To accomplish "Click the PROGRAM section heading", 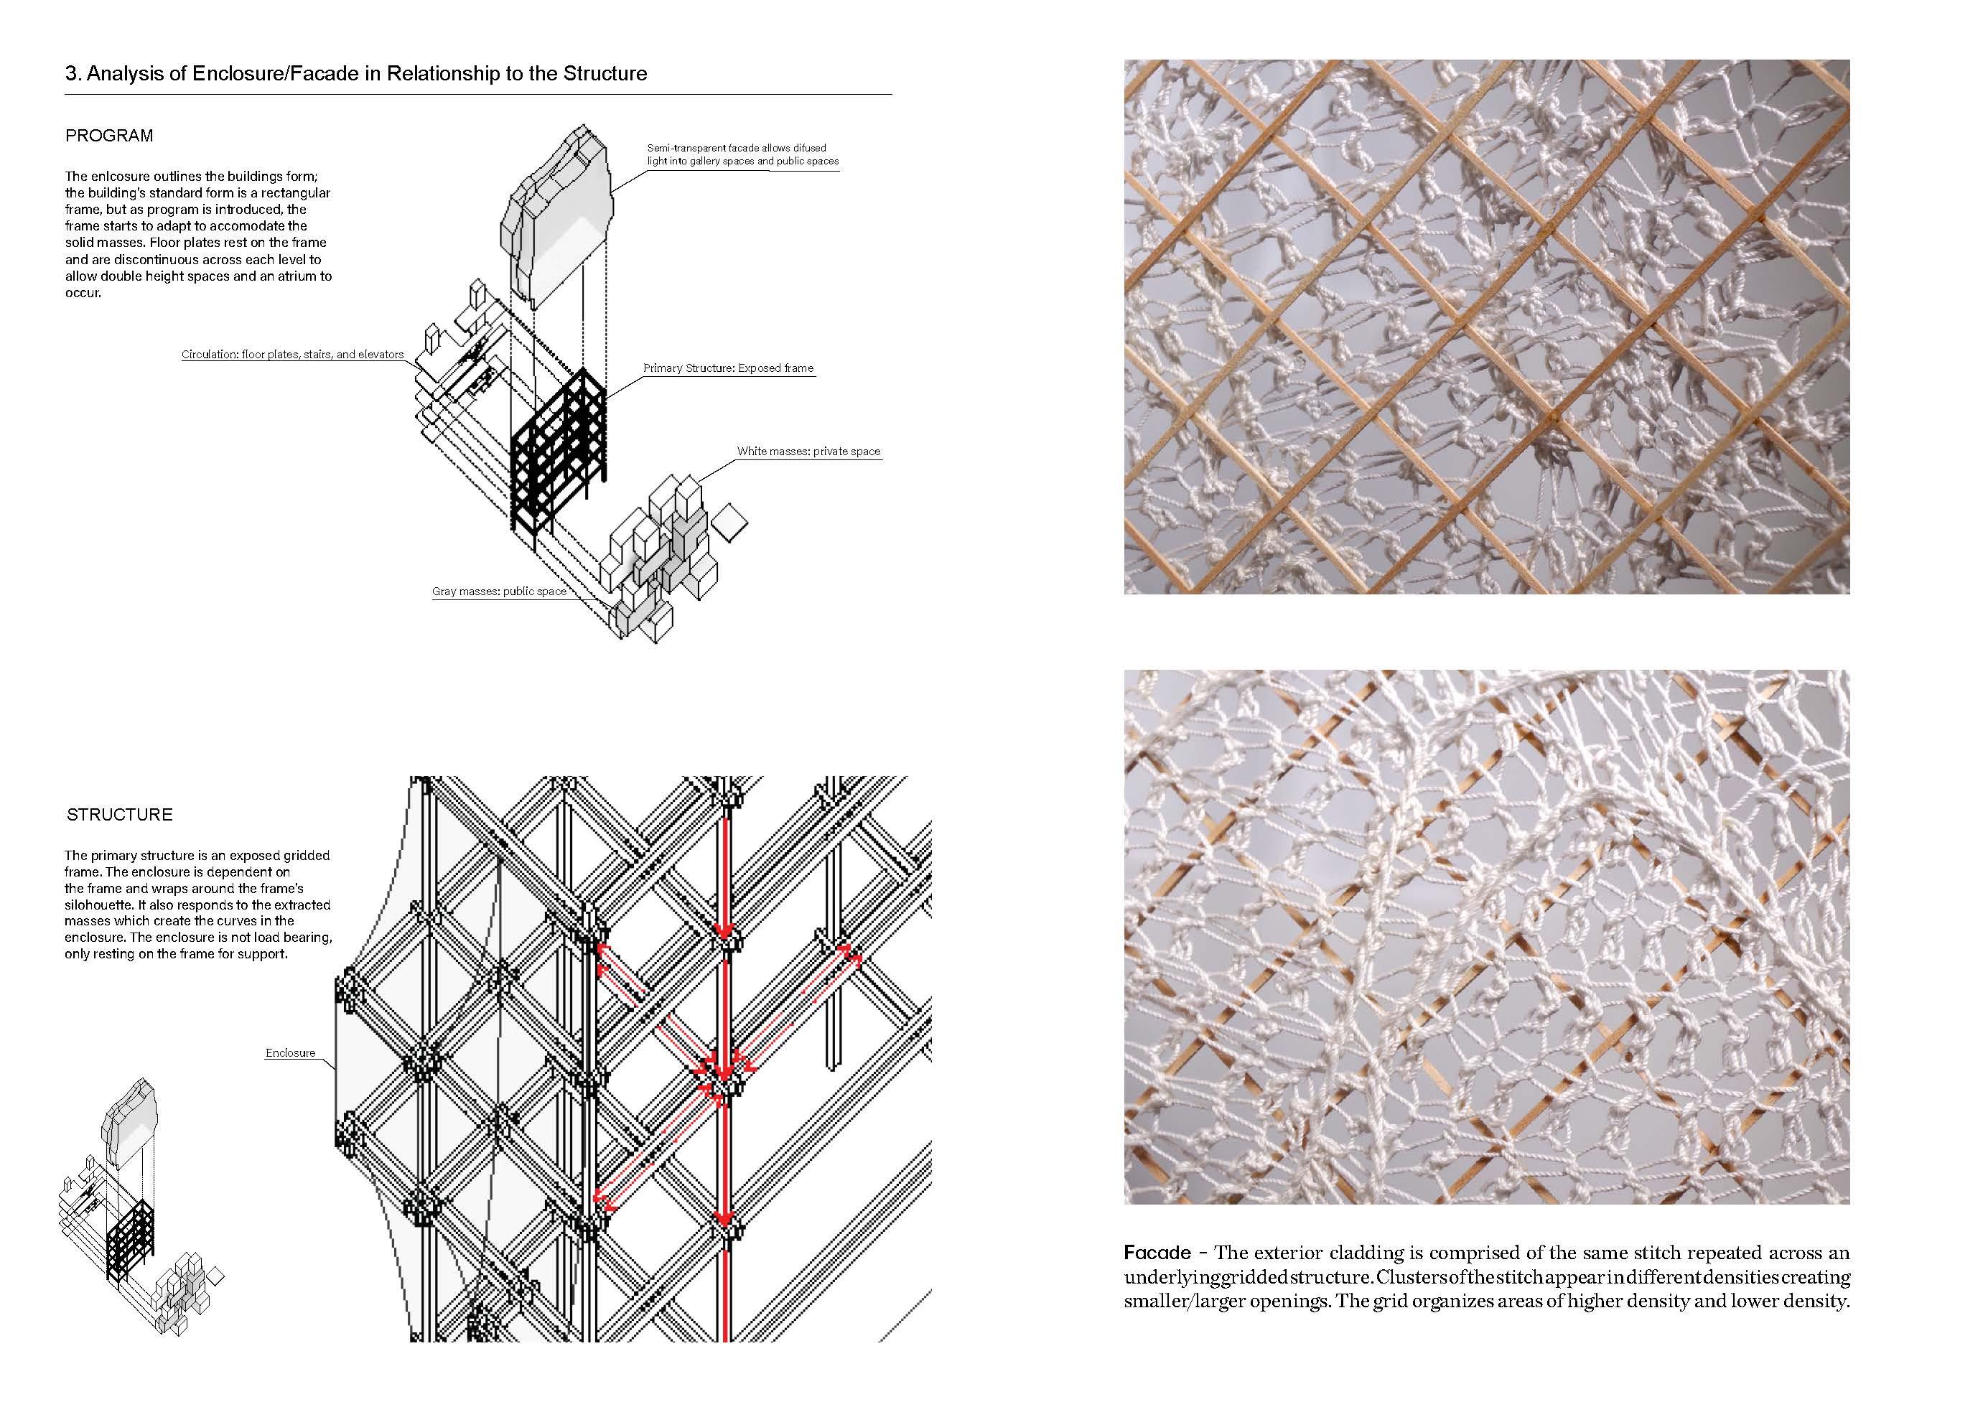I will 109,136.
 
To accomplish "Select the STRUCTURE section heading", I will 119,815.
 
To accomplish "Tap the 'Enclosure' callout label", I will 290,1053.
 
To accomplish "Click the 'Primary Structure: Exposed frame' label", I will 728,368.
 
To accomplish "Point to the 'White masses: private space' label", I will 808,451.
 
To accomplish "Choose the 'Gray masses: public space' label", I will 499,592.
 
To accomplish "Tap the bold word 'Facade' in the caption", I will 1157,1253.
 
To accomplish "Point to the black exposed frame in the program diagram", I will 556,458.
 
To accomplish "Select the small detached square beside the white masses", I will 732,522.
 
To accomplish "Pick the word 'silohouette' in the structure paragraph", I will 97,905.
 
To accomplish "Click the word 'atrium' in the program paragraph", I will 293,276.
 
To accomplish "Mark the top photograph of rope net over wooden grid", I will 1486,327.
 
